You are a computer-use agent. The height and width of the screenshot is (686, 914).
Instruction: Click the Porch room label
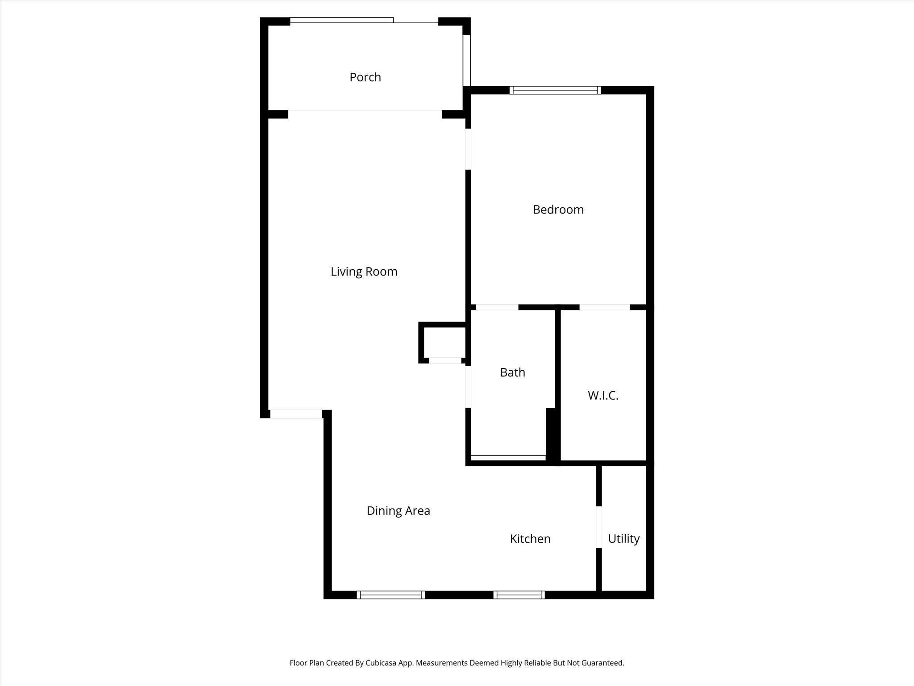pyautogui.click(x=365, y=77)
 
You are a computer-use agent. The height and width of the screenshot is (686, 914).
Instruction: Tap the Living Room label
pyautogui.click(x=364, y=272)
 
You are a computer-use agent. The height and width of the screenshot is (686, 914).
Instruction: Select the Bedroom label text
pyautogui.click(x=558, y=209)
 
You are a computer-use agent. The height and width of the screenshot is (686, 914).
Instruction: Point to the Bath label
pyautogui.click(x=512, y=372)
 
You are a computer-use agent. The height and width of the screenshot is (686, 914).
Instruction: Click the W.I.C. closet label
pyautogui.click(x=603, y=395)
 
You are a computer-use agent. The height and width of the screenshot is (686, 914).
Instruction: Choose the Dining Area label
pyautogui.click(x=398, y=510)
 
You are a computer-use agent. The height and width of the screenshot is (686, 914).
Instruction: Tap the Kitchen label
pyautogui.click(x=530, y=539)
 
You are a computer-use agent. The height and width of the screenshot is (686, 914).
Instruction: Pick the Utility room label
pyautogui.click(x=623, y=539)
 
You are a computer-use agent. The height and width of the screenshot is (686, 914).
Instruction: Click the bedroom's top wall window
pyautogui.click(x=555, y=90)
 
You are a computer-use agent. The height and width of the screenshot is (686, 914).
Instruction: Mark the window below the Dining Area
pyautogui.click(x=391, y=595)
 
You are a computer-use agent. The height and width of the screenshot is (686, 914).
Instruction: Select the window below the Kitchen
pyautogui.click(x=519, y=595)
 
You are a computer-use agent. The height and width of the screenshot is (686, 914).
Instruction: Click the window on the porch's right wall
pyautogui.click(x=467, y=60)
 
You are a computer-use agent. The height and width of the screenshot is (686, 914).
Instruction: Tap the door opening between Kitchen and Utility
pyautogui.click(x=599, y=527)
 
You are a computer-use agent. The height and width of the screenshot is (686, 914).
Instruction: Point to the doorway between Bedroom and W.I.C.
pyautogui.click(x=605, y=307)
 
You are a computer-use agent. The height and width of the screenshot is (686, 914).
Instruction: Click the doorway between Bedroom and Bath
pyautogui.click(x=497, y=307)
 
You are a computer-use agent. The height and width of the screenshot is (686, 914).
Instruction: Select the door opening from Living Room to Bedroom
pyautogui.click(x=468, y=149)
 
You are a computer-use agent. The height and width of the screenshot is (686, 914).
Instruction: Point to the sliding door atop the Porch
pyautogui.click(x=342, y=20)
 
